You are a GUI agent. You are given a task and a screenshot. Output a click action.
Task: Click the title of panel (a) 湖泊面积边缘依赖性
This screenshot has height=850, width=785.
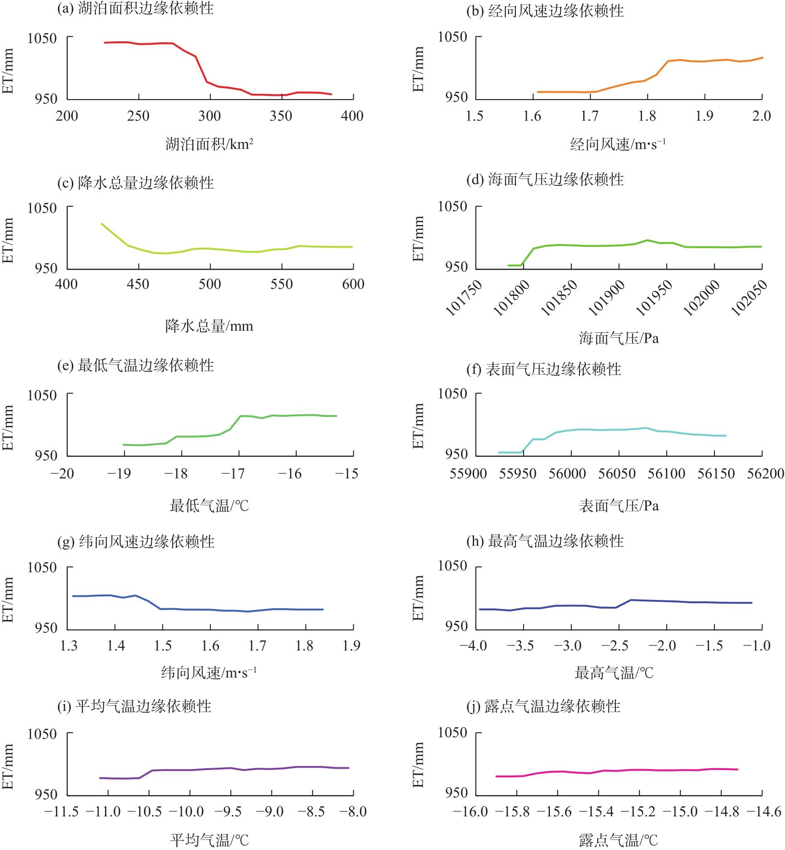pyautogui.click(x=135, y=9)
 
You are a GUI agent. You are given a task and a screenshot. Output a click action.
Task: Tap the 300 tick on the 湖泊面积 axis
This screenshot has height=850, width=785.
pyautogui.click(x=210, y=116)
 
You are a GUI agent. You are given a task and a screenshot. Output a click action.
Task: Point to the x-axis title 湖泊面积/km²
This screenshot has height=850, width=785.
pyautogui.click(x=210, y=145)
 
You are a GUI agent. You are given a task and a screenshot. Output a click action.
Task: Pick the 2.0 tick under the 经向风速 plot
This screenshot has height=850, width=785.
pyautogui.click(x=761, y=116)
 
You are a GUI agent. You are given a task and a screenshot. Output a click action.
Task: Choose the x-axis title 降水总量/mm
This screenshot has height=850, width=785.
pyautogui.click(x=209, y=326)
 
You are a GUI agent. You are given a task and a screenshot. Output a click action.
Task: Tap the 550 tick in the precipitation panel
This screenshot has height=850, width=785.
pyautogui.click(x=281, y=285)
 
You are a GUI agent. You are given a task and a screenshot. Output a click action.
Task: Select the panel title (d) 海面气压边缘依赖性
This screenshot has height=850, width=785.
pyautogui.click(x=545, y=180)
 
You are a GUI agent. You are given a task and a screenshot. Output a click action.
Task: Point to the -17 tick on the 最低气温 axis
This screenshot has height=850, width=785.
pyautogui.click(x=233, y=474)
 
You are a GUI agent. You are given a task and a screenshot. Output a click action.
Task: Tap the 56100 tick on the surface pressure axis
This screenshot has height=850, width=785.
pyautogui.click(x=666, y=474)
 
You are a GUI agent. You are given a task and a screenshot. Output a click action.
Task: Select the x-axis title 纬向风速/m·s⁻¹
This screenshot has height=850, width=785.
pyautogui.click(x=209, y=673)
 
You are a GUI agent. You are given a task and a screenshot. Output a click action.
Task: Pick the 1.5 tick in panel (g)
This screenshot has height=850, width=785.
pyautogui.click(x=163, y=646)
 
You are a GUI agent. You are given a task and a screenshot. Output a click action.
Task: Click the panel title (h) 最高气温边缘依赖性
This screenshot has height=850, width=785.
pyautogui.click(x=545, y=541)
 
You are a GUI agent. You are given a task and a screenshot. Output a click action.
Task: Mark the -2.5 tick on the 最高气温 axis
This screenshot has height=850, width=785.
pyautogui.click(x=618, y=646)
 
